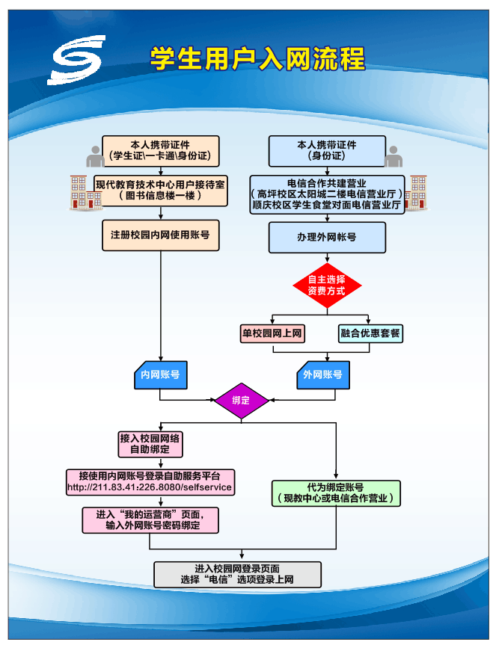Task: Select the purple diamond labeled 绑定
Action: click(x=241, y=400)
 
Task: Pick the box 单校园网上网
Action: click(x=272, y=333)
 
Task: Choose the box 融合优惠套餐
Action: click(x=370, y=333)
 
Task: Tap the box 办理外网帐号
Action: click(x=327, y=238)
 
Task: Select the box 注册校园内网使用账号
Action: click(x=160, y=235)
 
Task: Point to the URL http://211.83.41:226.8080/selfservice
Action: click(x=150, y=487)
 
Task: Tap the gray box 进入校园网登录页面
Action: click(x=237, y=574)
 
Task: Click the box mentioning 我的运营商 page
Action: click(x=151, y=520)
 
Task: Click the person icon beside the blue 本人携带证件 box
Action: click(x=394, y=156)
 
